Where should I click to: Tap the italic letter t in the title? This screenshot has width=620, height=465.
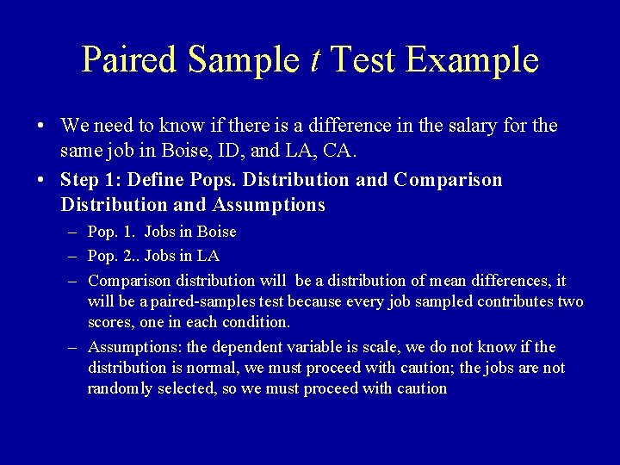(x=316, y=59)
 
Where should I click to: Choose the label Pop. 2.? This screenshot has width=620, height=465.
(x=114, y=256)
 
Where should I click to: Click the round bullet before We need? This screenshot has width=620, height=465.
(x=42, y=127)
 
